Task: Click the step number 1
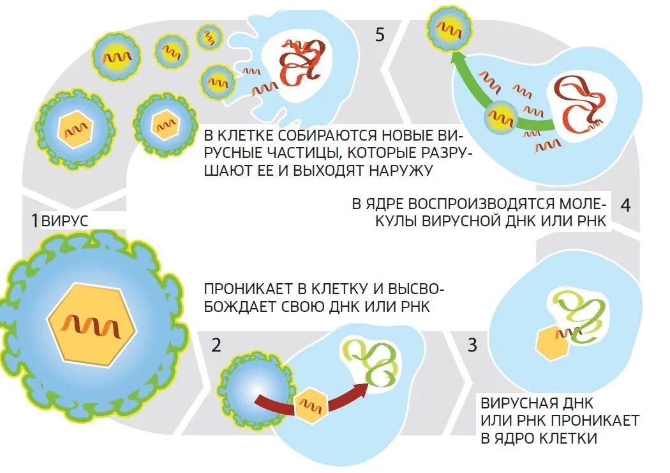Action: pyautogui.click(x=34, y=221)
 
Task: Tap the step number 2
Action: pyautogui.click(x=216, y=346)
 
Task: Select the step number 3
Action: pyautogui.click(x=472, y=346)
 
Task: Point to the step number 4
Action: pyautogui.click(x=625, y=205)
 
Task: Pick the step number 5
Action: pyautogui.click(x=380, y=35)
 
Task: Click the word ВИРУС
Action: pyautogui.click(x=64, y=222)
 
